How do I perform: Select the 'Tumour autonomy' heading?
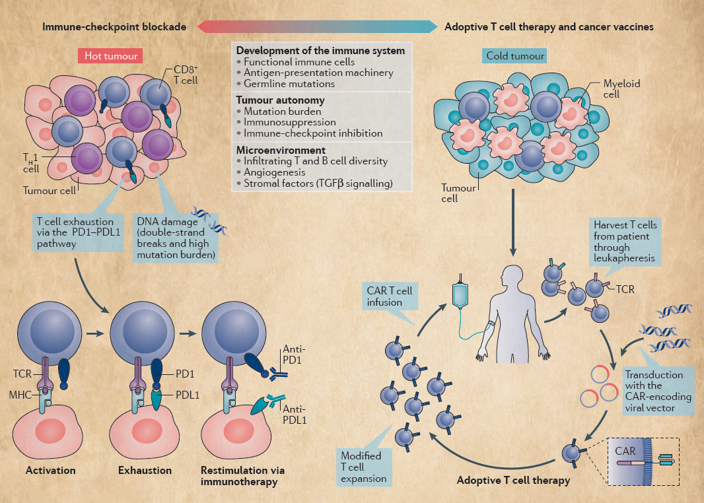point(280,100)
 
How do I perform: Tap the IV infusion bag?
point(461,292)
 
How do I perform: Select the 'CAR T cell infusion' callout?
point(390,296)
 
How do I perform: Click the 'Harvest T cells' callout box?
point(624,242)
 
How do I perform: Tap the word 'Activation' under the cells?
point(51,471)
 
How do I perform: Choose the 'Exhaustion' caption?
point(145,471)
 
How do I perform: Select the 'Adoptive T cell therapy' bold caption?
point(513,481)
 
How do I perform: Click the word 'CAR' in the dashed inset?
point(625,451)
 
